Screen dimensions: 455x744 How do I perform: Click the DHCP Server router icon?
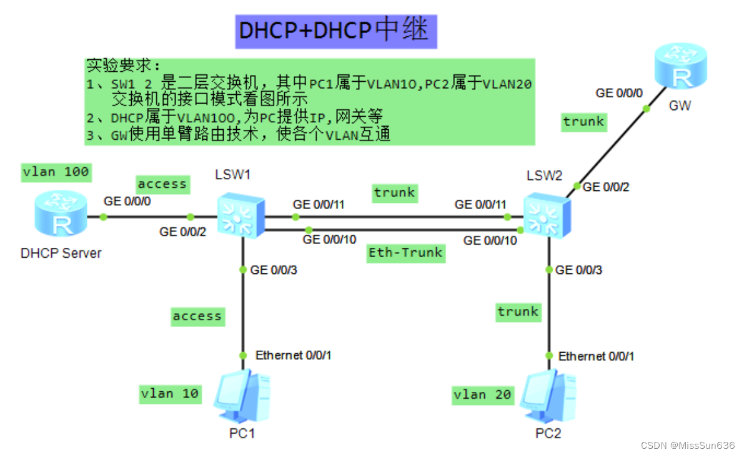(61, 213)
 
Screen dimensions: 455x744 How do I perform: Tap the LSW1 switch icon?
(241, 215)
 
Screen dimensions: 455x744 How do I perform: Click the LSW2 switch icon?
(546, 215)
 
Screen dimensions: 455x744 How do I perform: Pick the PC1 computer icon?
(242, 396)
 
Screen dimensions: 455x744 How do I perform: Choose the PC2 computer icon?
(548, 396)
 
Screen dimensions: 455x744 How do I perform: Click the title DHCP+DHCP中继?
(336, 31)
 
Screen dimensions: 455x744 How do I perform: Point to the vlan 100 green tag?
(56, 172)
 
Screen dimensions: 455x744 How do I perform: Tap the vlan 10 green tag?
(169, 393)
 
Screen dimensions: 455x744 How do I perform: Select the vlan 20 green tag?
(482, 394)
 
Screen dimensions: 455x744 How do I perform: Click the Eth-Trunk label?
(405, 253)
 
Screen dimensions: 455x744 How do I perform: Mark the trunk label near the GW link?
(583, 121)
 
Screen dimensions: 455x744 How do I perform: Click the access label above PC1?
(197, 316)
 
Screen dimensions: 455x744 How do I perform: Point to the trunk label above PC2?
(518, 311)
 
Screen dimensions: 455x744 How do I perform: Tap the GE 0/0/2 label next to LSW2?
(605, 186)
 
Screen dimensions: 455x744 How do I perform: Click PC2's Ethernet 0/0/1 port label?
(596, 356)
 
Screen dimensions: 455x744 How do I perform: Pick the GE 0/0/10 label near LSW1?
(329, 240)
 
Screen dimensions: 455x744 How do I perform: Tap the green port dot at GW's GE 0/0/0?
(647, 109)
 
